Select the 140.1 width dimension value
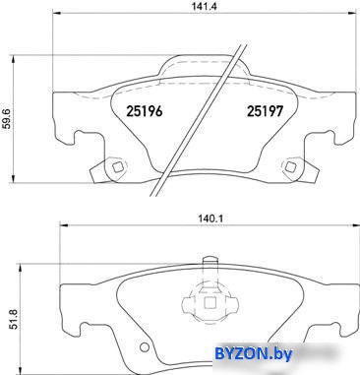[210, 219]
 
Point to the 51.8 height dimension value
[14, 319]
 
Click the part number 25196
[145, 111]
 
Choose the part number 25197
[265, 111]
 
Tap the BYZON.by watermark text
[253, 354]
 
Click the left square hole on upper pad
[118, 167]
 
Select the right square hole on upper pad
[290, 167]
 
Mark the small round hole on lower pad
[144, 347]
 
